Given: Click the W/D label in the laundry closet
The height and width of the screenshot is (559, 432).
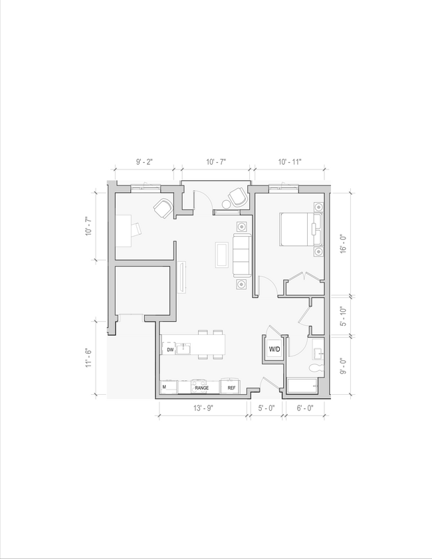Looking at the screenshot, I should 274,349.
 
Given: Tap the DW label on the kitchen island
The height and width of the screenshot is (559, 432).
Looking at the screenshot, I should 170,350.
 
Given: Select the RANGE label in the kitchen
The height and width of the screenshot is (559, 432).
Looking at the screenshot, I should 201,388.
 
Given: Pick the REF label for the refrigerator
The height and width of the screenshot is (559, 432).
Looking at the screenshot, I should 231,388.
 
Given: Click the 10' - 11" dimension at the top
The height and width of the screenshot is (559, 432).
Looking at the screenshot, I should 289,162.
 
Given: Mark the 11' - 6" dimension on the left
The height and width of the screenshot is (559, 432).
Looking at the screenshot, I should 88,359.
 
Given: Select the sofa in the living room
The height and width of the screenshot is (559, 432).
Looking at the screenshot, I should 241,255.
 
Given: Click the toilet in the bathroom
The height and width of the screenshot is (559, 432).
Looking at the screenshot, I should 316,367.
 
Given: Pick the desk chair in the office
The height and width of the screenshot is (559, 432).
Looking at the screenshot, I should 136,229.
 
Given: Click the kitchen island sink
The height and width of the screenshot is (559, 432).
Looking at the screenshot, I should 185,348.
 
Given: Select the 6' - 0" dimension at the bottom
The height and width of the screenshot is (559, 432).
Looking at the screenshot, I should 305,410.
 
